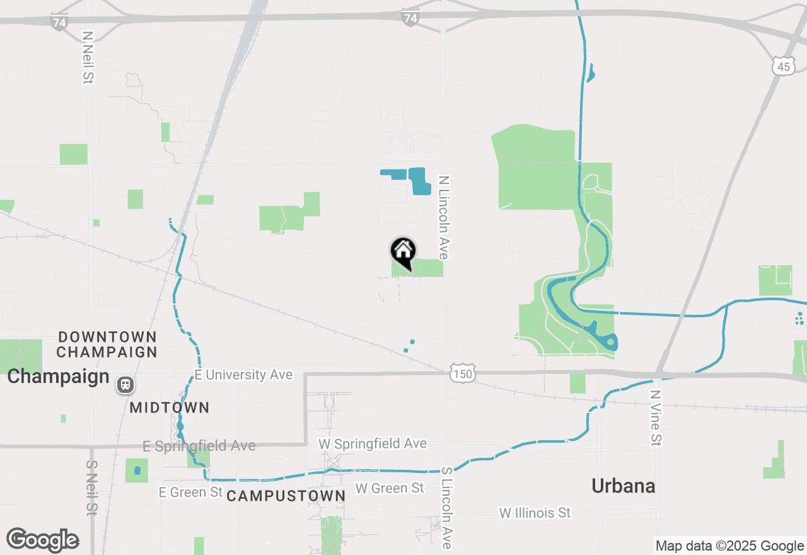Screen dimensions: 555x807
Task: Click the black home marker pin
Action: point(403,253)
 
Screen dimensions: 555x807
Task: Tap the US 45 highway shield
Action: point(782,66)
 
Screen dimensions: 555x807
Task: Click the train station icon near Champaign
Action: point(125,384)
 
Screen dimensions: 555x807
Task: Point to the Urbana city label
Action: point(624,486)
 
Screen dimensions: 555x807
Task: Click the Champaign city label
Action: point(58,377)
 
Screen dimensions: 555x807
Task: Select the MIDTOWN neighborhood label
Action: point(169,407)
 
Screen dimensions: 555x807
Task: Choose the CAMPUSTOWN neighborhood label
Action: point(286,496)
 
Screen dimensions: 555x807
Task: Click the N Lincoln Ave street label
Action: point(444,218)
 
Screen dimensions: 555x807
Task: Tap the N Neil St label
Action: point(88,58)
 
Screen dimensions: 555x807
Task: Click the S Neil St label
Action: point(91,487)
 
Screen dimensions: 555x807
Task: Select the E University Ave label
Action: point(243,375)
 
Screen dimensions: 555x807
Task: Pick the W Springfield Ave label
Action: point(372,443)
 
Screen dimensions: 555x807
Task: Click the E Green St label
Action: point(191,491)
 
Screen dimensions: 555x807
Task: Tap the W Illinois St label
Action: point(535,513)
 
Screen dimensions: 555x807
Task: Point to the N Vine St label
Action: point(656,418)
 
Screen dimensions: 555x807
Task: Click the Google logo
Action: point(42,540)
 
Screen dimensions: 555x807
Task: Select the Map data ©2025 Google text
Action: point(729,546)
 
